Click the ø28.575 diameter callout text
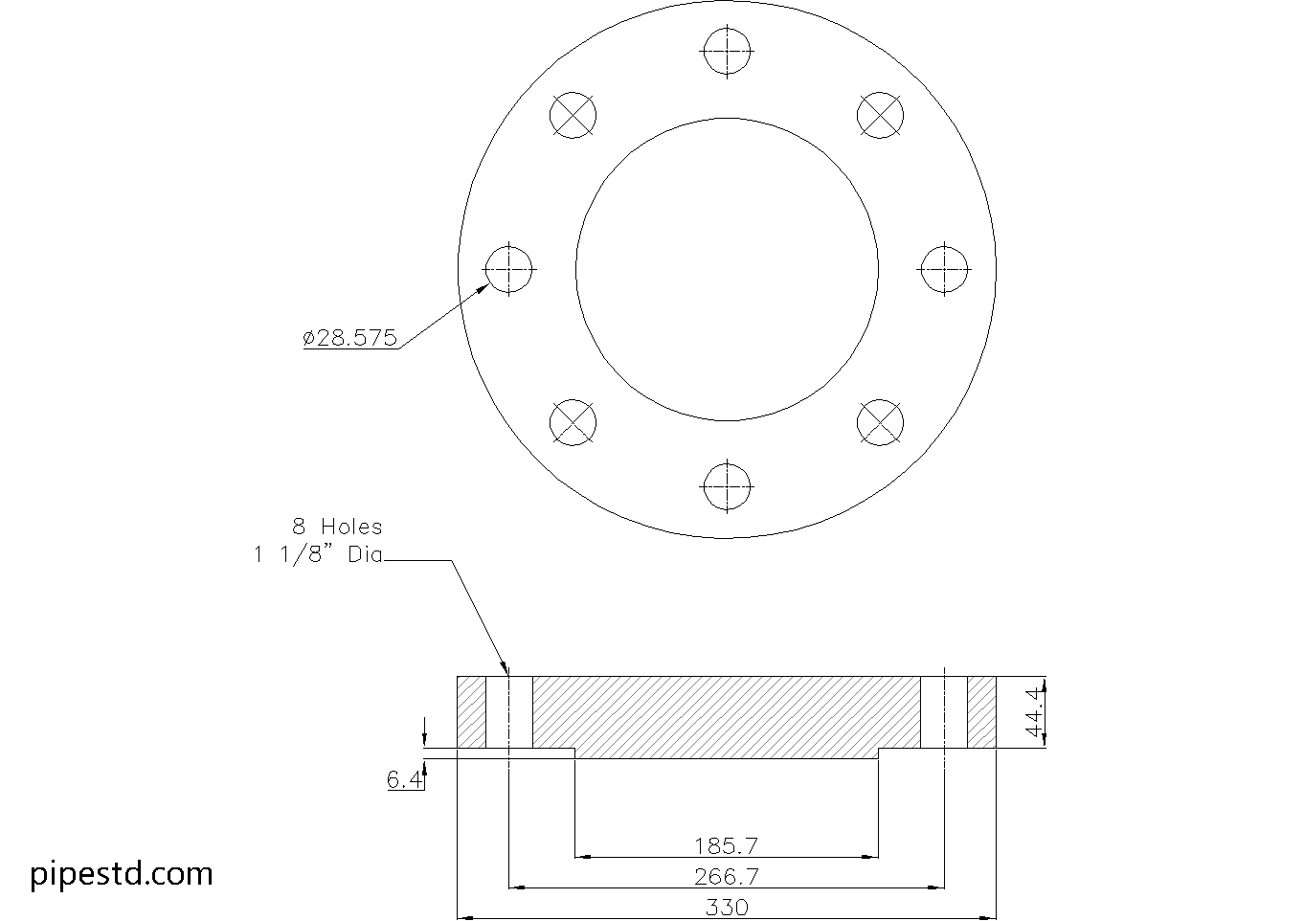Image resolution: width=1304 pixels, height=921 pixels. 349,338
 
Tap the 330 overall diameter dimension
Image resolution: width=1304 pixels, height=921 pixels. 727,907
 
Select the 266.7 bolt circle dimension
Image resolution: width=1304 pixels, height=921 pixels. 727,876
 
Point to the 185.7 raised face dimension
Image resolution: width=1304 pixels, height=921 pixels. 727,845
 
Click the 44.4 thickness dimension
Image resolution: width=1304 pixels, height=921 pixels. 1033,711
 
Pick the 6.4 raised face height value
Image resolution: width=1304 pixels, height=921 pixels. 404,779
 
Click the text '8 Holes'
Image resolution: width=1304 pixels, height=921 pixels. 337,527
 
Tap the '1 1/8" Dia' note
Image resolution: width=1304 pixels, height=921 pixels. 318,555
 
